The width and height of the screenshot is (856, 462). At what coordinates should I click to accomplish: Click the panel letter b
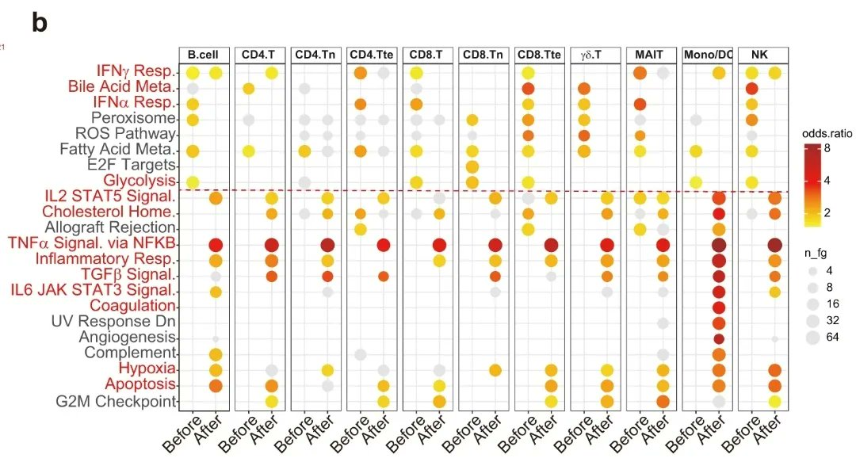[x=40, y=23]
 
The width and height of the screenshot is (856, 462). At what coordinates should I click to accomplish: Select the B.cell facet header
[x=204, y=55]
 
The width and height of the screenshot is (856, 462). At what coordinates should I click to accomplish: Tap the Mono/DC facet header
[x=707, y=55]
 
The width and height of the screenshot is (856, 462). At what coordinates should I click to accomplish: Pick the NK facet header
[x=763, y=55]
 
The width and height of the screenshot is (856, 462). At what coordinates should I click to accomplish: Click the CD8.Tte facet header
[x=540, y=55]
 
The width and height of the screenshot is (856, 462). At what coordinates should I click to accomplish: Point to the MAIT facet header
[x=652, y=55]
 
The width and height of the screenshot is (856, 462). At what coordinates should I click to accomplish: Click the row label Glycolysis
[x=139, y=181]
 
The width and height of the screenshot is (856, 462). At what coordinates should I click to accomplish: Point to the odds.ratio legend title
[x=826, y=133]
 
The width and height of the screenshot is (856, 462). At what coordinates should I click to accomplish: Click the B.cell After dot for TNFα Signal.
[x=215, y=245]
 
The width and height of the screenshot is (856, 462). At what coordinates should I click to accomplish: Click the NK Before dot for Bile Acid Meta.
[x=752, y=88]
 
